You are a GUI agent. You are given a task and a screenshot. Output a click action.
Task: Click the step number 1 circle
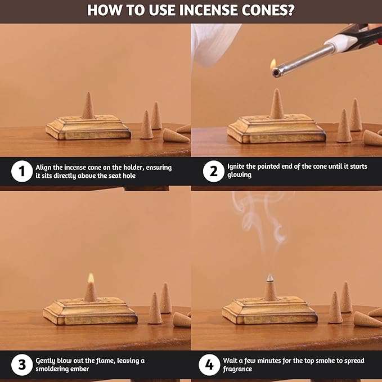point(21,172)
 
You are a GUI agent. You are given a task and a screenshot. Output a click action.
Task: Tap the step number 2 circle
point(213,172)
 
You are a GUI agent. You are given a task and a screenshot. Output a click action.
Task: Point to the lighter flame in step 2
point(273,64)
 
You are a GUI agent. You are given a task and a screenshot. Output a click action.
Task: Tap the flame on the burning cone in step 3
point(90,278)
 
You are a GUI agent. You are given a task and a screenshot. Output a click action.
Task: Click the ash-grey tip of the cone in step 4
point(271,278)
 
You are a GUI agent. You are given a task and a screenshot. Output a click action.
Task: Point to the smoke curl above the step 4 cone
point(264,225)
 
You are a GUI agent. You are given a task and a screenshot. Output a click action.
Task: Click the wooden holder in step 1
point(88,129)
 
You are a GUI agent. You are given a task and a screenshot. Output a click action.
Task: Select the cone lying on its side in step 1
point(176,136)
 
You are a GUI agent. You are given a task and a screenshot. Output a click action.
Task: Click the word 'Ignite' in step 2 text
point(237,168)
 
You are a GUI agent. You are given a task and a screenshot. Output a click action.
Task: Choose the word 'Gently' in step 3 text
point(47,360)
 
